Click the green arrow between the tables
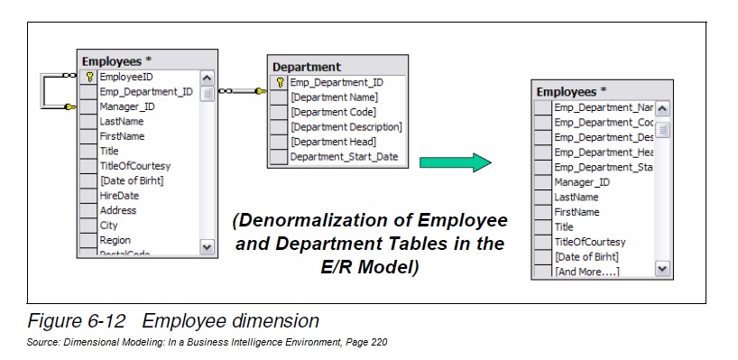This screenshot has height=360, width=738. click(455, 163)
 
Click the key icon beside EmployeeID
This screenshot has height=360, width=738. click(89, 78)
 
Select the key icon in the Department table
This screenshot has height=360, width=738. click(281, 82)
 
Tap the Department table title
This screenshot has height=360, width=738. click(307, 66)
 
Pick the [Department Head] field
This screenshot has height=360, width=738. click(333, 142)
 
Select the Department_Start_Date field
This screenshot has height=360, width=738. click(344, 157)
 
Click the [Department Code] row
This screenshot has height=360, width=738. click(334, 112)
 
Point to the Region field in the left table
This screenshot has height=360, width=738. click(115, 240)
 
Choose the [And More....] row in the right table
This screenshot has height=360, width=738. click(586, 272)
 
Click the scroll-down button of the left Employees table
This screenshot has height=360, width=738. click(206, 245)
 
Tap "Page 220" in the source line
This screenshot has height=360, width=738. click(366, 343)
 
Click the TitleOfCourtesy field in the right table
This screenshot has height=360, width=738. click(590, 242)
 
